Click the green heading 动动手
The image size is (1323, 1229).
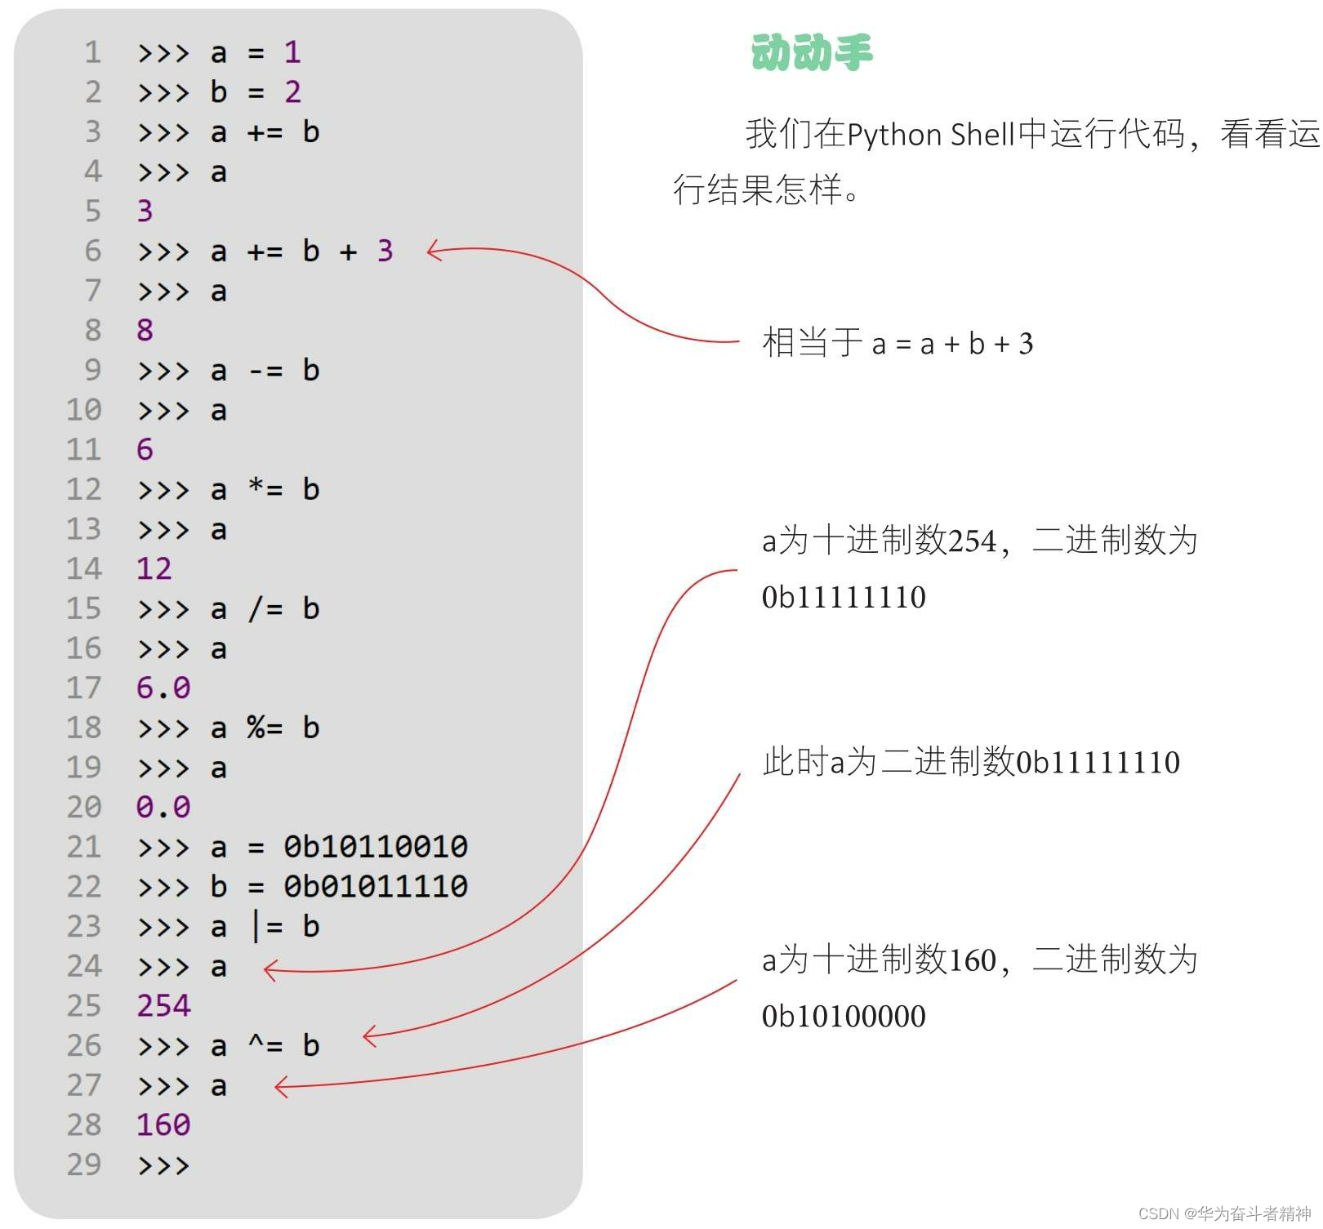812,52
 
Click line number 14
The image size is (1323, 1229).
84,568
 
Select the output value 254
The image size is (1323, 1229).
163,1005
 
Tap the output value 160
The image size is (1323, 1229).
163,1124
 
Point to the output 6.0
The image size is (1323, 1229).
163,688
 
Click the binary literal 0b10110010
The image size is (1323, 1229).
376,847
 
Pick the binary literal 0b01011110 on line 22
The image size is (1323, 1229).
376,886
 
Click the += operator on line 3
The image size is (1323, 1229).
265,132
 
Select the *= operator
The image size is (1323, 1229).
265,489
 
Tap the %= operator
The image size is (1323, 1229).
265,728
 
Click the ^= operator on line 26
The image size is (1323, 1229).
265,1045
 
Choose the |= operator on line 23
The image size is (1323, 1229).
266,927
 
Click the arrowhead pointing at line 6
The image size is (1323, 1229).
434,252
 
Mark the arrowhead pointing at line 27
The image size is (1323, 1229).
281,1087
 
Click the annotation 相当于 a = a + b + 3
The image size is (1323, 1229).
897,343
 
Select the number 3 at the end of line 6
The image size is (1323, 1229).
385,251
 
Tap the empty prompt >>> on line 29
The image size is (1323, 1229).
163,1165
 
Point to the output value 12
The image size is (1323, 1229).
154,568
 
